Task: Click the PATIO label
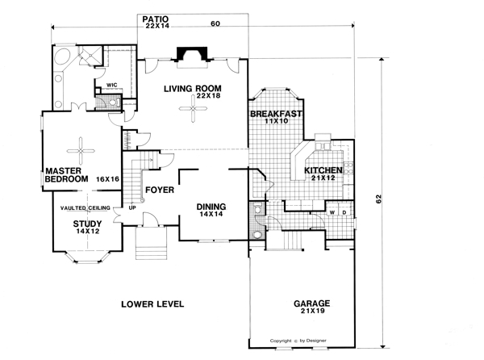coord(155,19)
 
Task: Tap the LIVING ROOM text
coord(193,89)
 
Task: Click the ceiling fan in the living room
coord(194,108)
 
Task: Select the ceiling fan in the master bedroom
coord(81,151)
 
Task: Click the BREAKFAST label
coord(276,114)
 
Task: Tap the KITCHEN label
coord(323,170)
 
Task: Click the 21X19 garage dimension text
coord(312,311)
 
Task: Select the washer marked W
coord(332,212)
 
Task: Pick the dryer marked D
coord(344,212)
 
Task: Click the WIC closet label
coord(111,85)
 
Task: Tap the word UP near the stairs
coord(132,207)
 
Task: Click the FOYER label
coord(160,190)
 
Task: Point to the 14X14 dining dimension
coord(210,214)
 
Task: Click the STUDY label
coord(87,224)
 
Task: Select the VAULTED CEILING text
coord(86,208)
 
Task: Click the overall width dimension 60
coord(215,23)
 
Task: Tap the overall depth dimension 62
coord(379,199)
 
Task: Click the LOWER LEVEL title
coord(152,304)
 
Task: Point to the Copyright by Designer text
coord(298,341)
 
